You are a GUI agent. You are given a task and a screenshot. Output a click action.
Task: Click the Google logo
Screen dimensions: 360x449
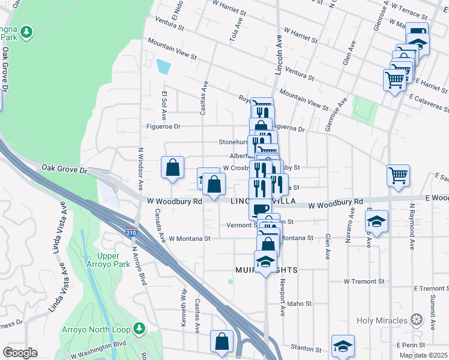click(x=20, y=353)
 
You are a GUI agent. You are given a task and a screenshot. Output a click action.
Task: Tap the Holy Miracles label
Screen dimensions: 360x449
click(x=382, y=320)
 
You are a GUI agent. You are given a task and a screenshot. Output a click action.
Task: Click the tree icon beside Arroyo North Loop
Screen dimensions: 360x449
click(x=139, y=329)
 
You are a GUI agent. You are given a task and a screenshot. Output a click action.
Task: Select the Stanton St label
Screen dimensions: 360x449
click(x=306, y=348)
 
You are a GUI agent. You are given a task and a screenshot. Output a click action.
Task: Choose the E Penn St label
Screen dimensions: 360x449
click(x=411, y=345)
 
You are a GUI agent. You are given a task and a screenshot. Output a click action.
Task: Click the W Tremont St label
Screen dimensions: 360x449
click(x=364, y=281)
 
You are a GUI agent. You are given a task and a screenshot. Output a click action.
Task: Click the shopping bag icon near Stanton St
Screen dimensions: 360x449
click(x=221, y=341)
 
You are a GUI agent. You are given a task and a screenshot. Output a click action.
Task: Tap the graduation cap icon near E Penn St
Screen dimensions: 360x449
click(x=343, y=346)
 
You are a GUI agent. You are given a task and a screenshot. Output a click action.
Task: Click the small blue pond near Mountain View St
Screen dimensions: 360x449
click(x=163, y=66)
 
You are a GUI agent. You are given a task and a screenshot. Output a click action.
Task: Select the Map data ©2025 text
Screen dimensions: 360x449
click(x=424, y=355)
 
